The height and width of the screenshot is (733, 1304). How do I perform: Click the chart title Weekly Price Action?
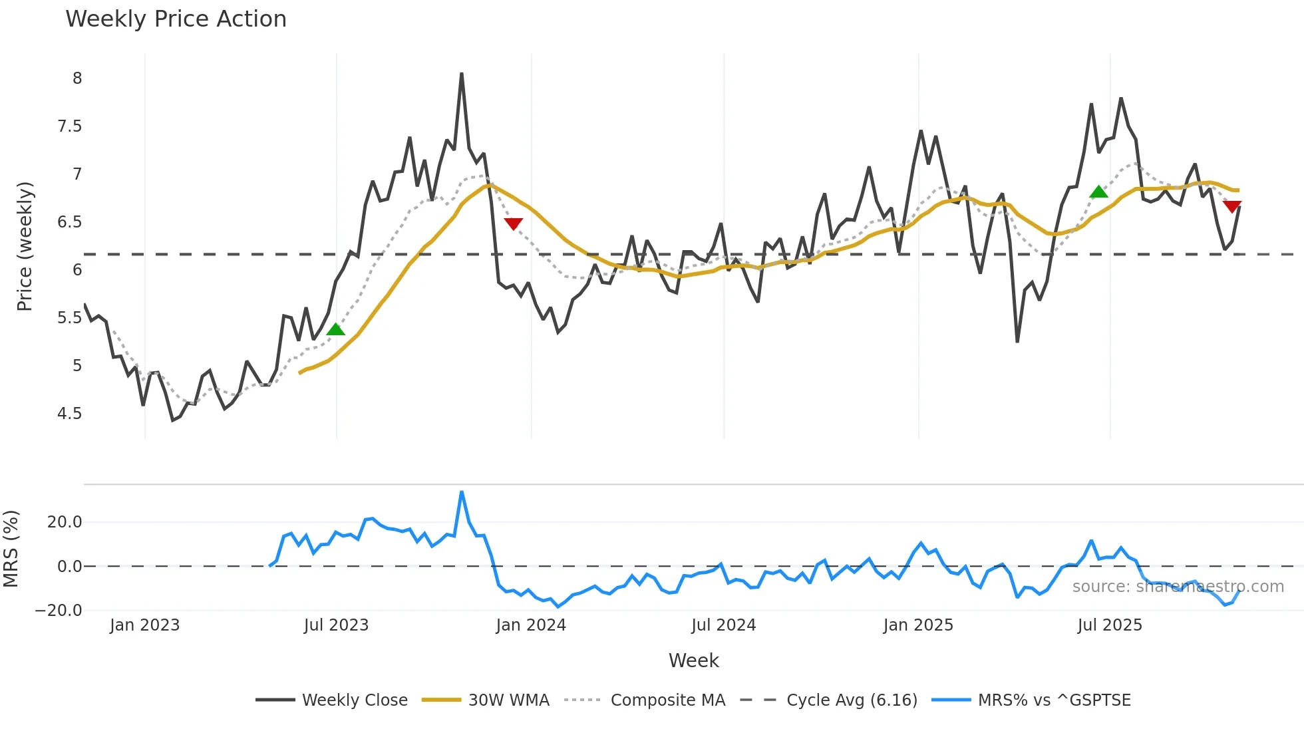[176, 19]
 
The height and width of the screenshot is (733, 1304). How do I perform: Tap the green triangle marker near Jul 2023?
[336, 329]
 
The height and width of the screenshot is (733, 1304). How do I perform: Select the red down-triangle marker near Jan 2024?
[513, 223]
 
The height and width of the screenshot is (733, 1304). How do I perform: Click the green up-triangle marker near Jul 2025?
[1099, 192]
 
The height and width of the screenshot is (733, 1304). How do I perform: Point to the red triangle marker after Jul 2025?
[1232, 206]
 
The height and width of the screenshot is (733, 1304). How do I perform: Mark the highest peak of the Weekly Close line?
[462, 74]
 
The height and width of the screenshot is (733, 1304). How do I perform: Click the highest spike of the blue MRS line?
[462, 492]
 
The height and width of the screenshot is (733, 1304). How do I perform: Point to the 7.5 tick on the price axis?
[70, 126]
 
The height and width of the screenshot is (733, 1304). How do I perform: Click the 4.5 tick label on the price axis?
[70, 414]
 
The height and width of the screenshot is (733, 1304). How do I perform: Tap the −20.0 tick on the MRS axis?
[59, 611]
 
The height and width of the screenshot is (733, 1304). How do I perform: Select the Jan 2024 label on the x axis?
[531, 625]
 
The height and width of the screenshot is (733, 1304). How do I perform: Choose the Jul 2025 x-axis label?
[1110, 625]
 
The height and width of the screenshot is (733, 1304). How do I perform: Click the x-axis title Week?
[693, 660]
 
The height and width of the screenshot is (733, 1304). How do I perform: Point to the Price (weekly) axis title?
[25, 246]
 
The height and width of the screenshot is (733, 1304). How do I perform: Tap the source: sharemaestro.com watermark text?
[1178, 587]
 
